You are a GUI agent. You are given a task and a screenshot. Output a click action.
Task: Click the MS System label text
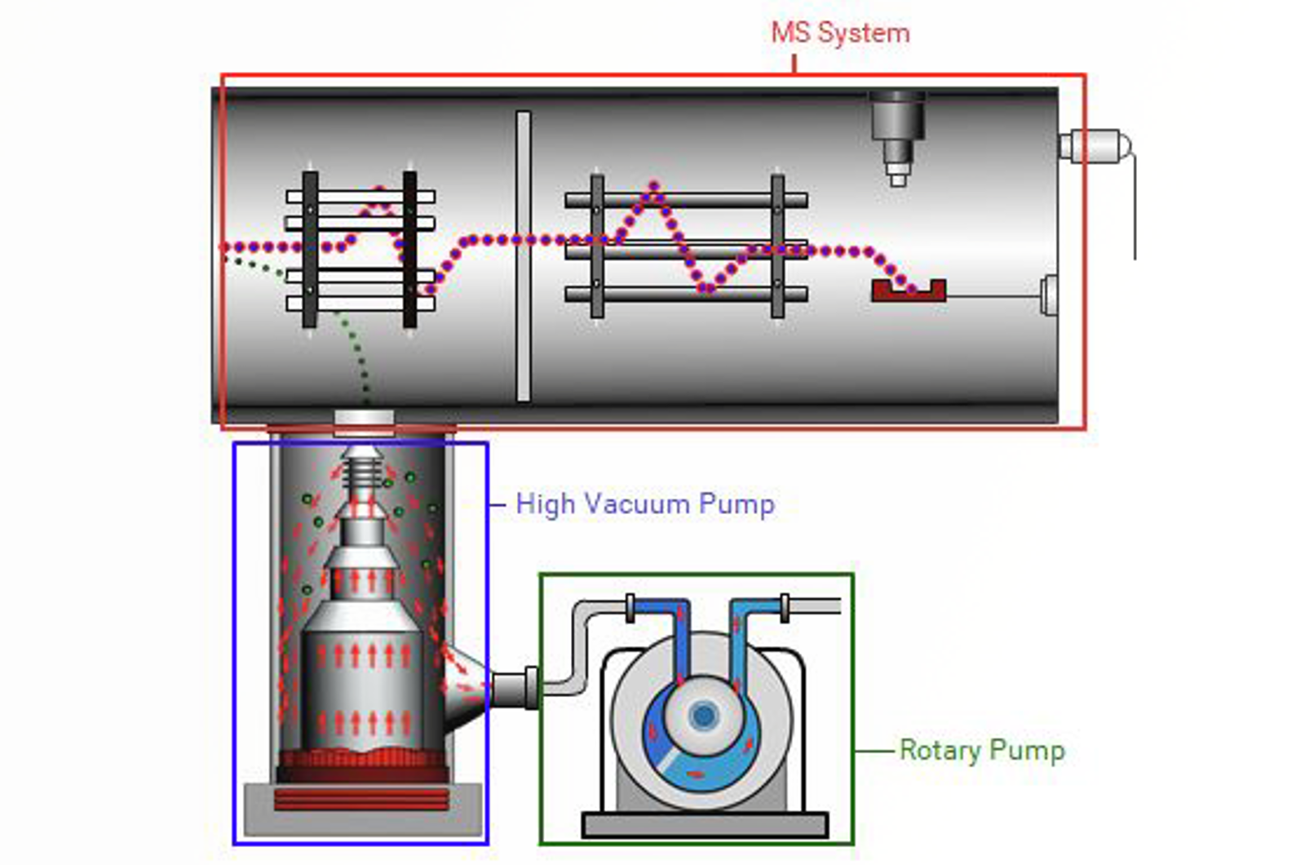click(x=840, y=33)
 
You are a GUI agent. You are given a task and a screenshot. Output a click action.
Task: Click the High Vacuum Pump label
click(x=645, y=504)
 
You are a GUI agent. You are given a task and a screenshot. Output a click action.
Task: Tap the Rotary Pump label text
click(x=981, y=750)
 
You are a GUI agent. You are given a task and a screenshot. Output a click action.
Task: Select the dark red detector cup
click(x=908, y=291)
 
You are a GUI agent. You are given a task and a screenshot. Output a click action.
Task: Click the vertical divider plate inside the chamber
click(x=523, y=256)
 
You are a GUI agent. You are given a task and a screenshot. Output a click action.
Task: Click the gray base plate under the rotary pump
click(x=705, y=825)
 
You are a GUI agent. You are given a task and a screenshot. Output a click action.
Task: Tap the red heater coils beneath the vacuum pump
click(x=361, y=799)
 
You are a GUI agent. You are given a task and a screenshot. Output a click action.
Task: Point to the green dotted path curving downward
click(x=347, y=326)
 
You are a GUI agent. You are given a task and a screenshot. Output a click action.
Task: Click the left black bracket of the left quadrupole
click(x=310, y=249)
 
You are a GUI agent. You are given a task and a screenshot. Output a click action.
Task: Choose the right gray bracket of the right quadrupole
click(x=777, y=245)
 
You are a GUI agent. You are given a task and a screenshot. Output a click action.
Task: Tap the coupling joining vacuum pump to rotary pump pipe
click(x=531, y=686)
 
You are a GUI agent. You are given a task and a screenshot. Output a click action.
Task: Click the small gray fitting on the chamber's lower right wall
click(x=1049, y=295)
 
